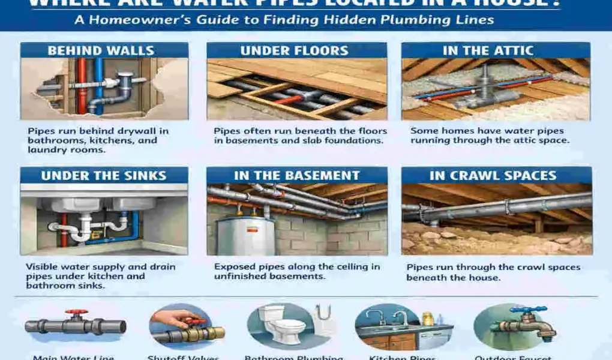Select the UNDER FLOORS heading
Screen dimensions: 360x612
[x=295, y=50]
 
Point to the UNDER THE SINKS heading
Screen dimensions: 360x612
[x=104, y=176]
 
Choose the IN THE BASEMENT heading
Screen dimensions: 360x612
[x=296, y=176]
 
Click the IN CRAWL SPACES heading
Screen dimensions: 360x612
[x=493, y=176]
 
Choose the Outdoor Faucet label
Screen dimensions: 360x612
[x=517, y=358]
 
